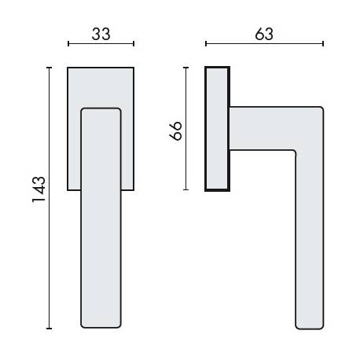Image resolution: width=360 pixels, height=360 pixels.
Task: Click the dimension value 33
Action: [101, 34]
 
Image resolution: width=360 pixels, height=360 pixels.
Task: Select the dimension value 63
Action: [264, 34]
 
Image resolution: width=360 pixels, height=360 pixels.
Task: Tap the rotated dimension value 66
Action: [176, 130]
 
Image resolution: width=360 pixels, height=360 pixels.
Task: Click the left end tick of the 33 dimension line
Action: [68, 43]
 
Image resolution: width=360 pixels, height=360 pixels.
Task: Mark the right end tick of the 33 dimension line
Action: [134, 43]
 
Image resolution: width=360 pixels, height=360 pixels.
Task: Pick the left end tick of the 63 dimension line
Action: [205, 43]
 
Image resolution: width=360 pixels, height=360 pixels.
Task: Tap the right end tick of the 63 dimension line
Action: [324, 43]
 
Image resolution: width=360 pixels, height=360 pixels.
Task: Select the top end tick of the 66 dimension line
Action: [186, 68]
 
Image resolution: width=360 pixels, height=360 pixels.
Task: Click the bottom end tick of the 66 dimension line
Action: [186, 190]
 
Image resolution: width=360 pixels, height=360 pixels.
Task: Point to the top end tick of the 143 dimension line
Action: [50, 68]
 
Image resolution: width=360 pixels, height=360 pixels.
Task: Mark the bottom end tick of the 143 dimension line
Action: [50, 328]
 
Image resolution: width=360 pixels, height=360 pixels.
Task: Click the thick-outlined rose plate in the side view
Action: [217, 130]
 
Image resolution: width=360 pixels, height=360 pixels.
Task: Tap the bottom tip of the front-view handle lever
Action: [101, 326]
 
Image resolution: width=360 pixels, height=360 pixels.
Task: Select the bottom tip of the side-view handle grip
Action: [309, 326]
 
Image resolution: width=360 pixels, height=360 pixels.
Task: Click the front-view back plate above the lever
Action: [101, 86]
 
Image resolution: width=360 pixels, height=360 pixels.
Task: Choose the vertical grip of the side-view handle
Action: [309, 236]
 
